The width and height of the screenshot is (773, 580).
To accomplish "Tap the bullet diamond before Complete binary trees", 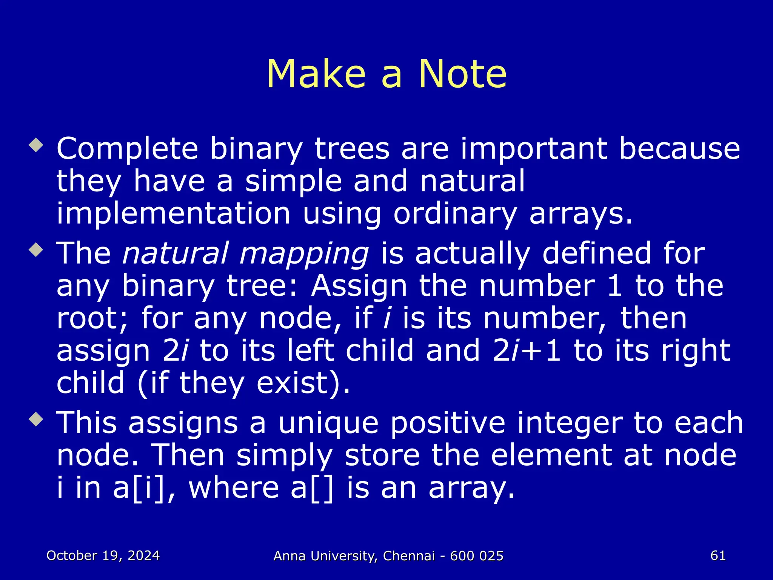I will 36,145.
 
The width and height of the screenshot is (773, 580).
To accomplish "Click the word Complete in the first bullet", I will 127,149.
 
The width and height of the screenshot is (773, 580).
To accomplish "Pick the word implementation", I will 173,214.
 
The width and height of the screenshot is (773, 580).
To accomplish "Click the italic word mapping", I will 304,254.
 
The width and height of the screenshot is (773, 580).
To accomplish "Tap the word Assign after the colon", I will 359,286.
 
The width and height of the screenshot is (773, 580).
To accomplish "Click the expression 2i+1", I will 527,351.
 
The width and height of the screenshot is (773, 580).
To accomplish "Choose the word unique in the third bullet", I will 328,423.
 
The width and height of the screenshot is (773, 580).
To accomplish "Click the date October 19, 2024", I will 103,555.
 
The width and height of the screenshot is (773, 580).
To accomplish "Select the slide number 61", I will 718,555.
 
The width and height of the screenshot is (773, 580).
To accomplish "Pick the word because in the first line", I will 679,149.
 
